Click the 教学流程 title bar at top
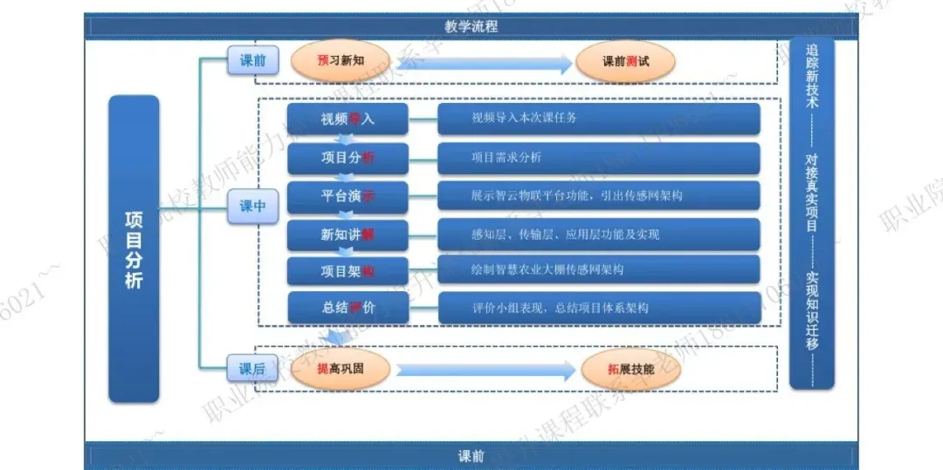coord(471,27)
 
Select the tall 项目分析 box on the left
coord(134,249)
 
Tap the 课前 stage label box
coord(252,60)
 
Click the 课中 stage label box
coord(252,207)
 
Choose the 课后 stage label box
coord(252,369)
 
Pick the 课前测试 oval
coord(625,62)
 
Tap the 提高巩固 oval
coord(340,369)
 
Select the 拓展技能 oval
coord(630,369)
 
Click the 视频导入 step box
coord(348,119)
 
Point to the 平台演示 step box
coord(348,196)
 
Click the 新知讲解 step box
coord(348,234)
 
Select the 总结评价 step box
coord(348,308)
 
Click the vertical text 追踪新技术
coord(813,76)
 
